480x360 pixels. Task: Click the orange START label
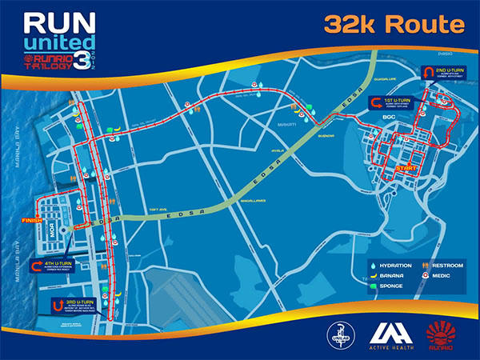407,169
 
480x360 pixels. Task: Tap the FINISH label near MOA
31,220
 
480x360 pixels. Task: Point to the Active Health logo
390,334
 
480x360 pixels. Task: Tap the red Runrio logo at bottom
441,334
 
